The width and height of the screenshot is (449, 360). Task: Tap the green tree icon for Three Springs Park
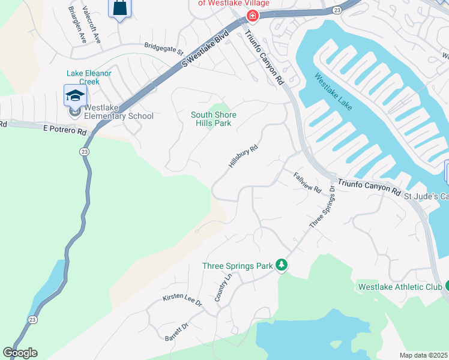[x=281, y=265]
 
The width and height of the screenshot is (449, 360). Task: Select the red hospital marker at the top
[x=252, y=16]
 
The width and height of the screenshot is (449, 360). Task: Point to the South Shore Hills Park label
[x=214, y=119]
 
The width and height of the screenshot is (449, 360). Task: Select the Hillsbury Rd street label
[x=243, y=155]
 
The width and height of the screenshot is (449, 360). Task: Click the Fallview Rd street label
[x=308, y=182]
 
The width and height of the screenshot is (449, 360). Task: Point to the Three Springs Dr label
[x=322, y=207]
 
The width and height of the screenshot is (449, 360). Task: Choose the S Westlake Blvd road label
[x=206, y=45]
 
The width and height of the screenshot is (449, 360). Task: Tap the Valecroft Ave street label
[x=92, y=25]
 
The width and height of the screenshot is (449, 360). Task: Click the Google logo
[x=20, y=353]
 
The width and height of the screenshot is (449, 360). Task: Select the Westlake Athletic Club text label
[x=400, y=287]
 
